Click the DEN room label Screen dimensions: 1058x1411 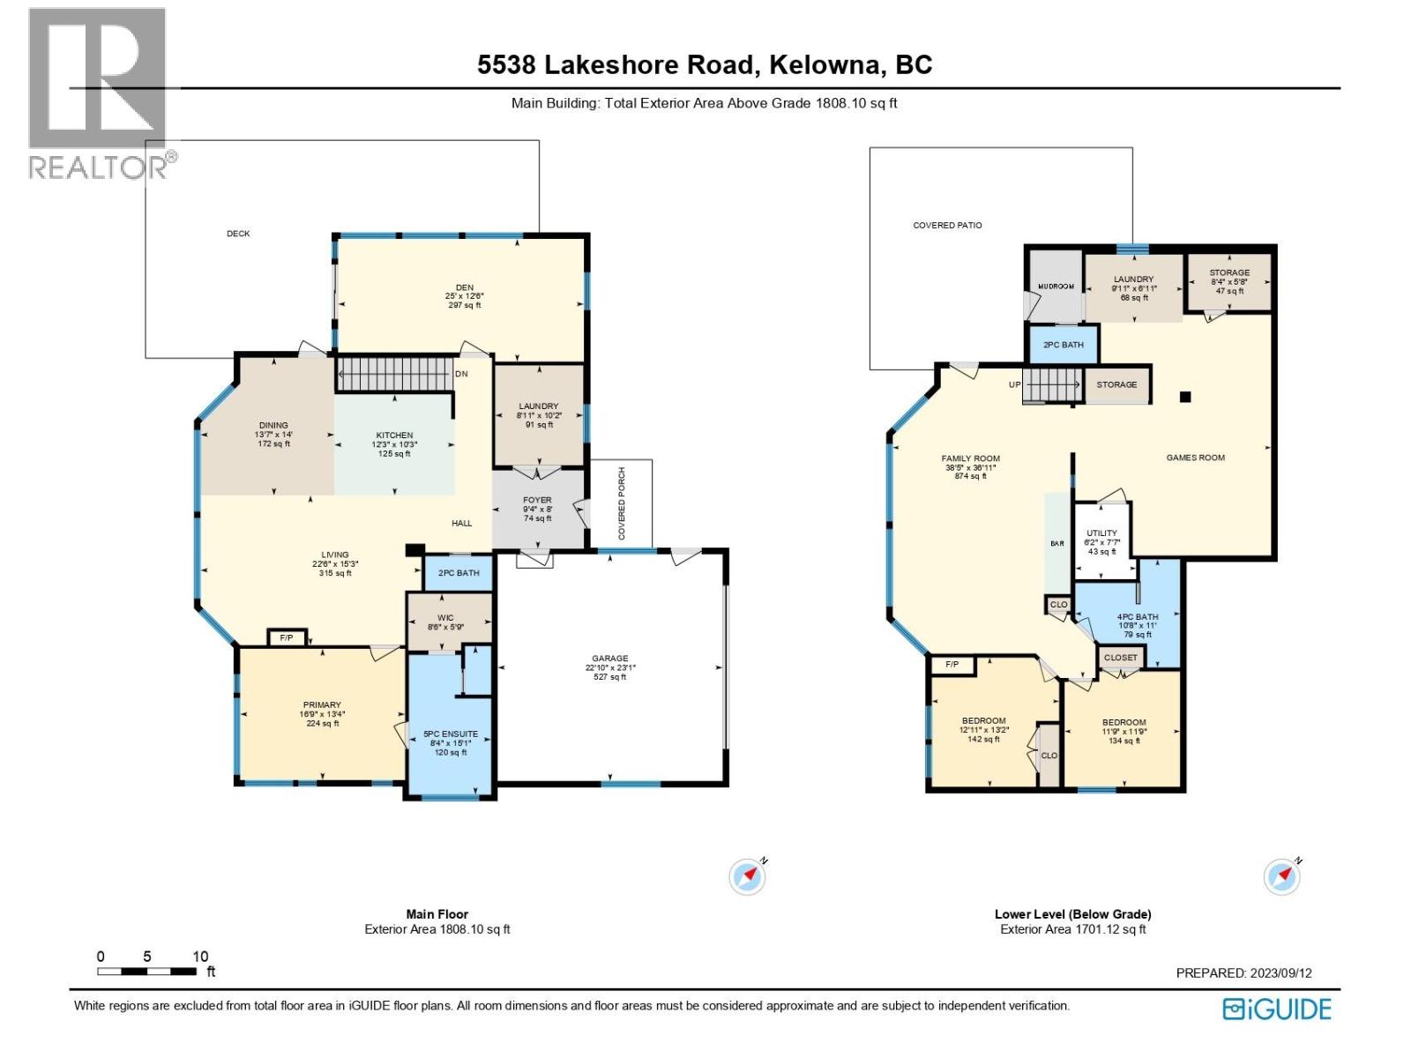(465, 287)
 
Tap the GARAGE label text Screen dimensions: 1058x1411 (610, 659)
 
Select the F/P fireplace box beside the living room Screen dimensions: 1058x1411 (287, 637)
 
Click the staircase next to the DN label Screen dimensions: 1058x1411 (396, 373)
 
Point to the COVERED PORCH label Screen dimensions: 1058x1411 (622, 503)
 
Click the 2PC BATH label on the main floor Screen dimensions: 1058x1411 (459, 573)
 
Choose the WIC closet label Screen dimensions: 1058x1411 (445, 618)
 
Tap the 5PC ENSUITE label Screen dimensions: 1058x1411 (451, 734)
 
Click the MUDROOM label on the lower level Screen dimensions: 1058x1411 (1056, 287)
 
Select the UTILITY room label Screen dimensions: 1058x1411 (1101, 533)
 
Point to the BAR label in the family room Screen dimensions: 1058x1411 (1056, 544)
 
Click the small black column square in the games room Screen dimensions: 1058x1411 (1186, 397)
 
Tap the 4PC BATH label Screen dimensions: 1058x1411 (1138, 617)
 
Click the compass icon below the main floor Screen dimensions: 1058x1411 (748, 876)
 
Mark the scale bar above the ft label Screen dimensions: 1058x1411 (147, 972)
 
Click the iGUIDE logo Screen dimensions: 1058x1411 (1277, 1009)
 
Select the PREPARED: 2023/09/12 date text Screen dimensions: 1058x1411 (1243, 973)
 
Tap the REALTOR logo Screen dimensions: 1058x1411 (99, 93)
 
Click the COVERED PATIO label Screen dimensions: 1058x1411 (947, 226)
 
